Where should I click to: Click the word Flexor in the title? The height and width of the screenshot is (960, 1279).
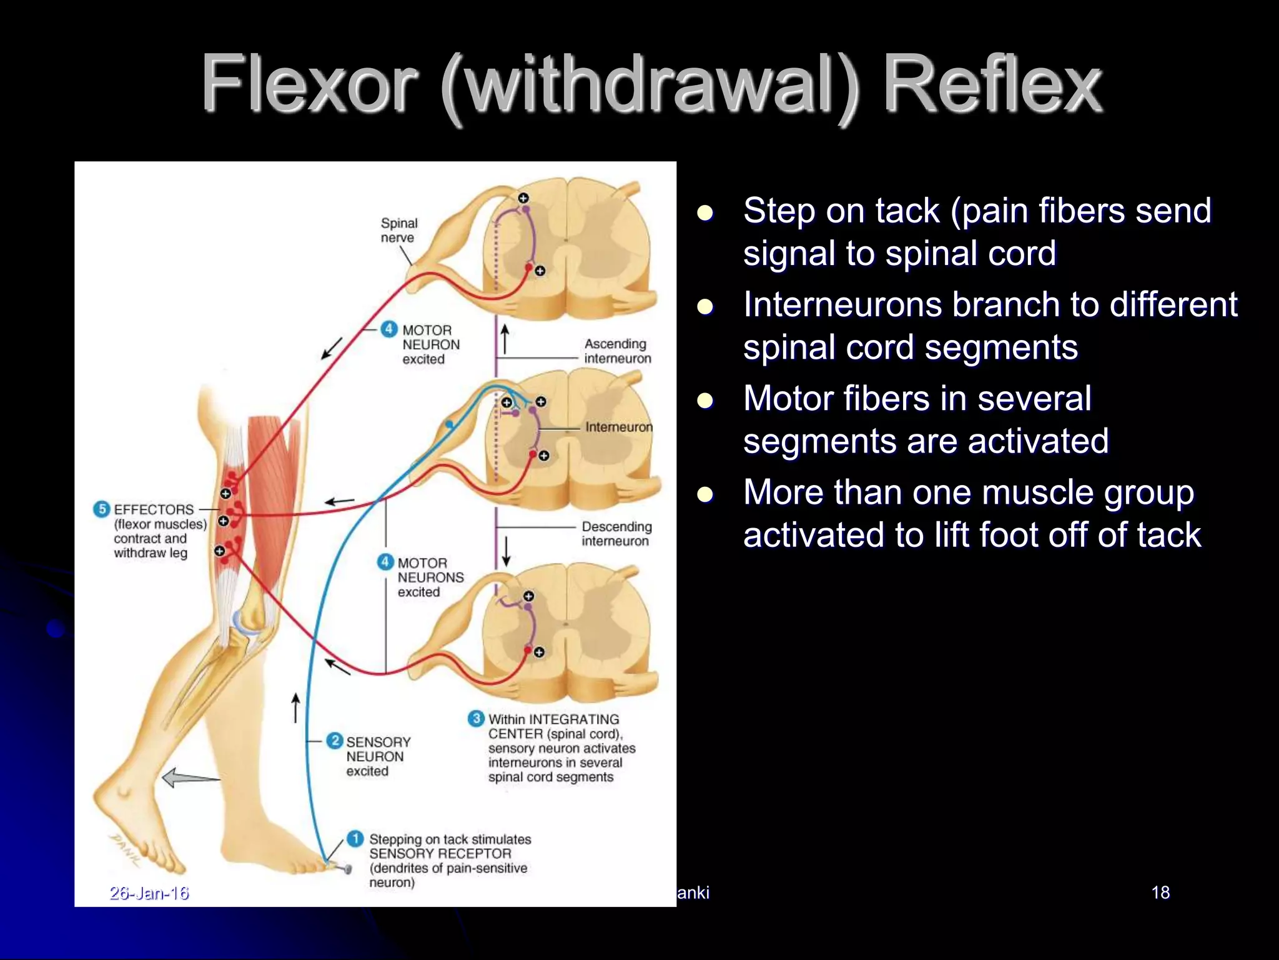[309, 84]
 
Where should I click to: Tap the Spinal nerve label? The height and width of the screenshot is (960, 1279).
[398, 230]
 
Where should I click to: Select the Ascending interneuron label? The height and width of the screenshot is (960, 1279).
[617, 351]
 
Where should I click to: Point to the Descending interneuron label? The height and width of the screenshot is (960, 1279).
[616, 534]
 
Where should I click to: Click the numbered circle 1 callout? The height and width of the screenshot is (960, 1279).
[355, 839]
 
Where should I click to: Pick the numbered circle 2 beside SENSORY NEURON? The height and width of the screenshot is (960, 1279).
[335, 741]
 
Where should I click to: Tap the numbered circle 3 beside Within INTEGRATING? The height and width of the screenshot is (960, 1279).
[476, 718]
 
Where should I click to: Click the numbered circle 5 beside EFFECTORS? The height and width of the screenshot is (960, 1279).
[101, 509]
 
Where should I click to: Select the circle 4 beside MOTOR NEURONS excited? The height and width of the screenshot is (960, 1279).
[385, 562]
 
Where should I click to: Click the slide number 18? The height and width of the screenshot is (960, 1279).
[1160, 892]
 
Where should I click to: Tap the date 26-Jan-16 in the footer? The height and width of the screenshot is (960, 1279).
[149, 893]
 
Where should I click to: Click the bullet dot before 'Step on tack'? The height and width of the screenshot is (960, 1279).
[705, 213]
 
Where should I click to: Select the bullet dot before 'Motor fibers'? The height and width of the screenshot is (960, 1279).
[705, 401]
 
